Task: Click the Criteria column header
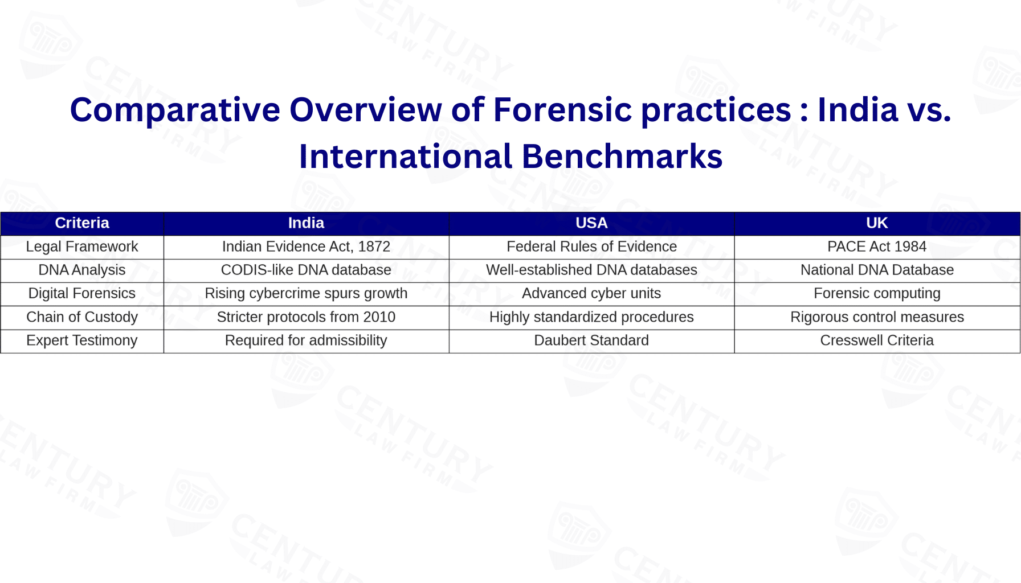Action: [x=82, y=223]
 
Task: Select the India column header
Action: [x=306, y=223]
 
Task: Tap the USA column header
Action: [x=591, y=223]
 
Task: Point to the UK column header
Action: [x=877, y=223]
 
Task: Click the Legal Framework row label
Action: [x=82, y=247]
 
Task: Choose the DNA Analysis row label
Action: [x=82, y=270]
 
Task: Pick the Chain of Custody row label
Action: [x=82, y=317]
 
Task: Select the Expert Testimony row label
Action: [x=82, y=340]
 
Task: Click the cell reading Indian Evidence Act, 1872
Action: [x=306, y=247]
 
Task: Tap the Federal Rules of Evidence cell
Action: [x=591, y=247]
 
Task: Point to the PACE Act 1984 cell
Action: [x=877, y=247]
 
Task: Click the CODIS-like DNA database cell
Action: [x=306, y=270]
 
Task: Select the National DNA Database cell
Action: [x=877, y=270]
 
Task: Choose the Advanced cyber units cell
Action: [x=591, y=293]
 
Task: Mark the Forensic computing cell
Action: [x=877, y=293]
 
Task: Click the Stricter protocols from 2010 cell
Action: [x=306, y=317]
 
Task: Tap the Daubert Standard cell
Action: [x=591, y=340]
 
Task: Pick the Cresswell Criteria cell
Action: [x=877, y=340]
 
